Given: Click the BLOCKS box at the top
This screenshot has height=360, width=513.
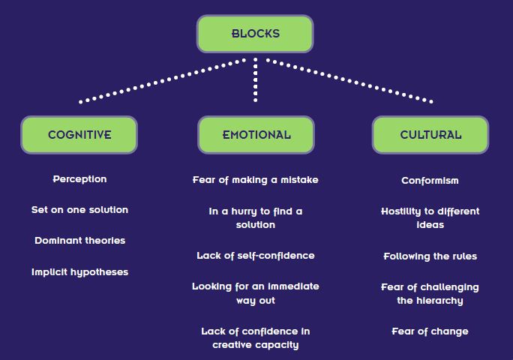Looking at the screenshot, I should tap(255, 34).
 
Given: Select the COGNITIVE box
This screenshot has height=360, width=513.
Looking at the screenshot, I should tap(79, 135).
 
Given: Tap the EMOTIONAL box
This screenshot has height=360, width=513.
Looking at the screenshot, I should tap(256, 135).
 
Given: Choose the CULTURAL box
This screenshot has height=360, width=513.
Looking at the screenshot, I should tap(430, 135).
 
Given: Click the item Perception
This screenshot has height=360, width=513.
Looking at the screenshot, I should tap(79, 179).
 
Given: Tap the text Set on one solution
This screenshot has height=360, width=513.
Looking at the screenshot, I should tap(79, 210).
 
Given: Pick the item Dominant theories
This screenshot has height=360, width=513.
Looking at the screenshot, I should tap(79, 241).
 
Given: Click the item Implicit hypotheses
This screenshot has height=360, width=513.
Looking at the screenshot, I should tap(79, 272).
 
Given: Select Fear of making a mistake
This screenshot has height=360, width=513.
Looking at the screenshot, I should tap(256, 180).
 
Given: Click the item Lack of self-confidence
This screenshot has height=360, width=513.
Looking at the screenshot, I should tap(256, 256).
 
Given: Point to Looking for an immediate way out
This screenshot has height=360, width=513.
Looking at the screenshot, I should tap(256, 293).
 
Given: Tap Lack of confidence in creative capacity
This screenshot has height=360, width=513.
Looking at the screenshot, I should tap(256, 338).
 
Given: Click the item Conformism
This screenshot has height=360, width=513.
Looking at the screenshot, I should tap(430, 181).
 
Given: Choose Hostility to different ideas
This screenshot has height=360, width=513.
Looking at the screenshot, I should tap(430, 218).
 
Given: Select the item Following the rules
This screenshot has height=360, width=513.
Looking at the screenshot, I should tap(430, 256).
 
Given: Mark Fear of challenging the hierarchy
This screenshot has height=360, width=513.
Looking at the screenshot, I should tap(430, 294).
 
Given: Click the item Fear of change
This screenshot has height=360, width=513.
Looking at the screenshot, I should tap(430, 331).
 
